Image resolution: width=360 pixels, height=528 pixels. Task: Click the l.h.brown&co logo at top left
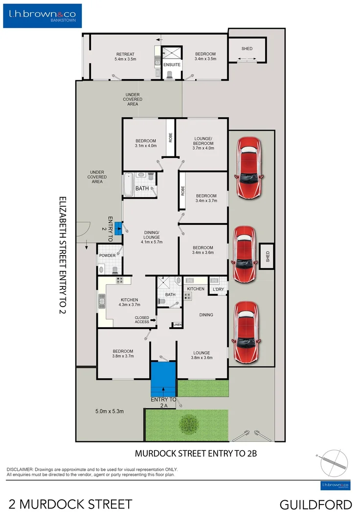pos(43,16)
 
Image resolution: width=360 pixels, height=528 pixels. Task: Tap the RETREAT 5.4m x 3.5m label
pos(125,57)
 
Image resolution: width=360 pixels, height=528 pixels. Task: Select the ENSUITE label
pos(172,65)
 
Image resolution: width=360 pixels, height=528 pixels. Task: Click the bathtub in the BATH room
pos(129,184)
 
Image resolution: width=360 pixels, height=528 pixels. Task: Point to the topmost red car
pos(249,167)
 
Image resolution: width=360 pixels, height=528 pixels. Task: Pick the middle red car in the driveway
pos(245,254)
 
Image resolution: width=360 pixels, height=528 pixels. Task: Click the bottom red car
pos(246,332)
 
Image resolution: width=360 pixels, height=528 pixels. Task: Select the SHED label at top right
pos(247,49)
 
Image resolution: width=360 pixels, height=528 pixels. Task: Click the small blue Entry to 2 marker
pos(118,228)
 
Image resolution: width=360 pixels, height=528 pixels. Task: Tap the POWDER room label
pos(107,256)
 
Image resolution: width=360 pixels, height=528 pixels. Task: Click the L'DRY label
pos(218,289)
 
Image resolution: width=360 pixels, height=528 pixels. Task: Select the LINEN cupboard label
pos(177,325)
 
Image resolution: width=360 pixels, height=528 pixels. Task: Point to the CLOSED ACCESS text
pos(142,319)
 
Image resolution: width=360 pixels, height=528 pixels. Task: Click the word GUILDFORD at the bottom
pos(315,504)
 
